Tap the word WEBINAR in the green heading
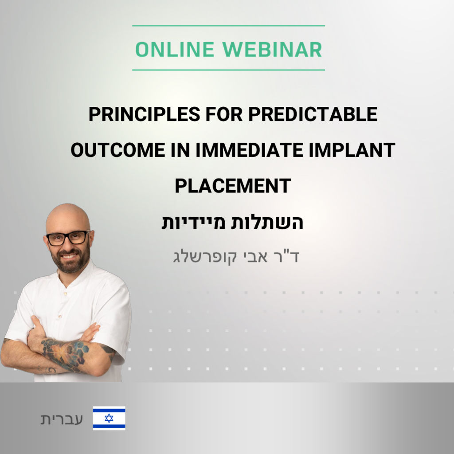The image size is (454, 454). (272, 50)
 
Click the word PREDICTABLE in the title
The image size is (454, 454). (313, 114)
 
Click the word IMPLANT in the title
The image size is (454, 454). (352, 150)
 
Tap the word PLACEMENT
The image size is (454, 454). (233, 186)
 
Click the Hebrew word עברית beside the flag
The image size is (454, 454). (62, 419)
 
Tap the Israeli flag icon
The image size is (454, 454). (109, 418)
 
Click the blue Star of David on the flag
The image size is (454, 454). (109, 418)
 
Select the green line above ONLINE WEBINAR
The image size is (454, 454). (228, 26)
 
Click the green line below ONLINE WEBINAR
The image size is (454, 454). (228, 70)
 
